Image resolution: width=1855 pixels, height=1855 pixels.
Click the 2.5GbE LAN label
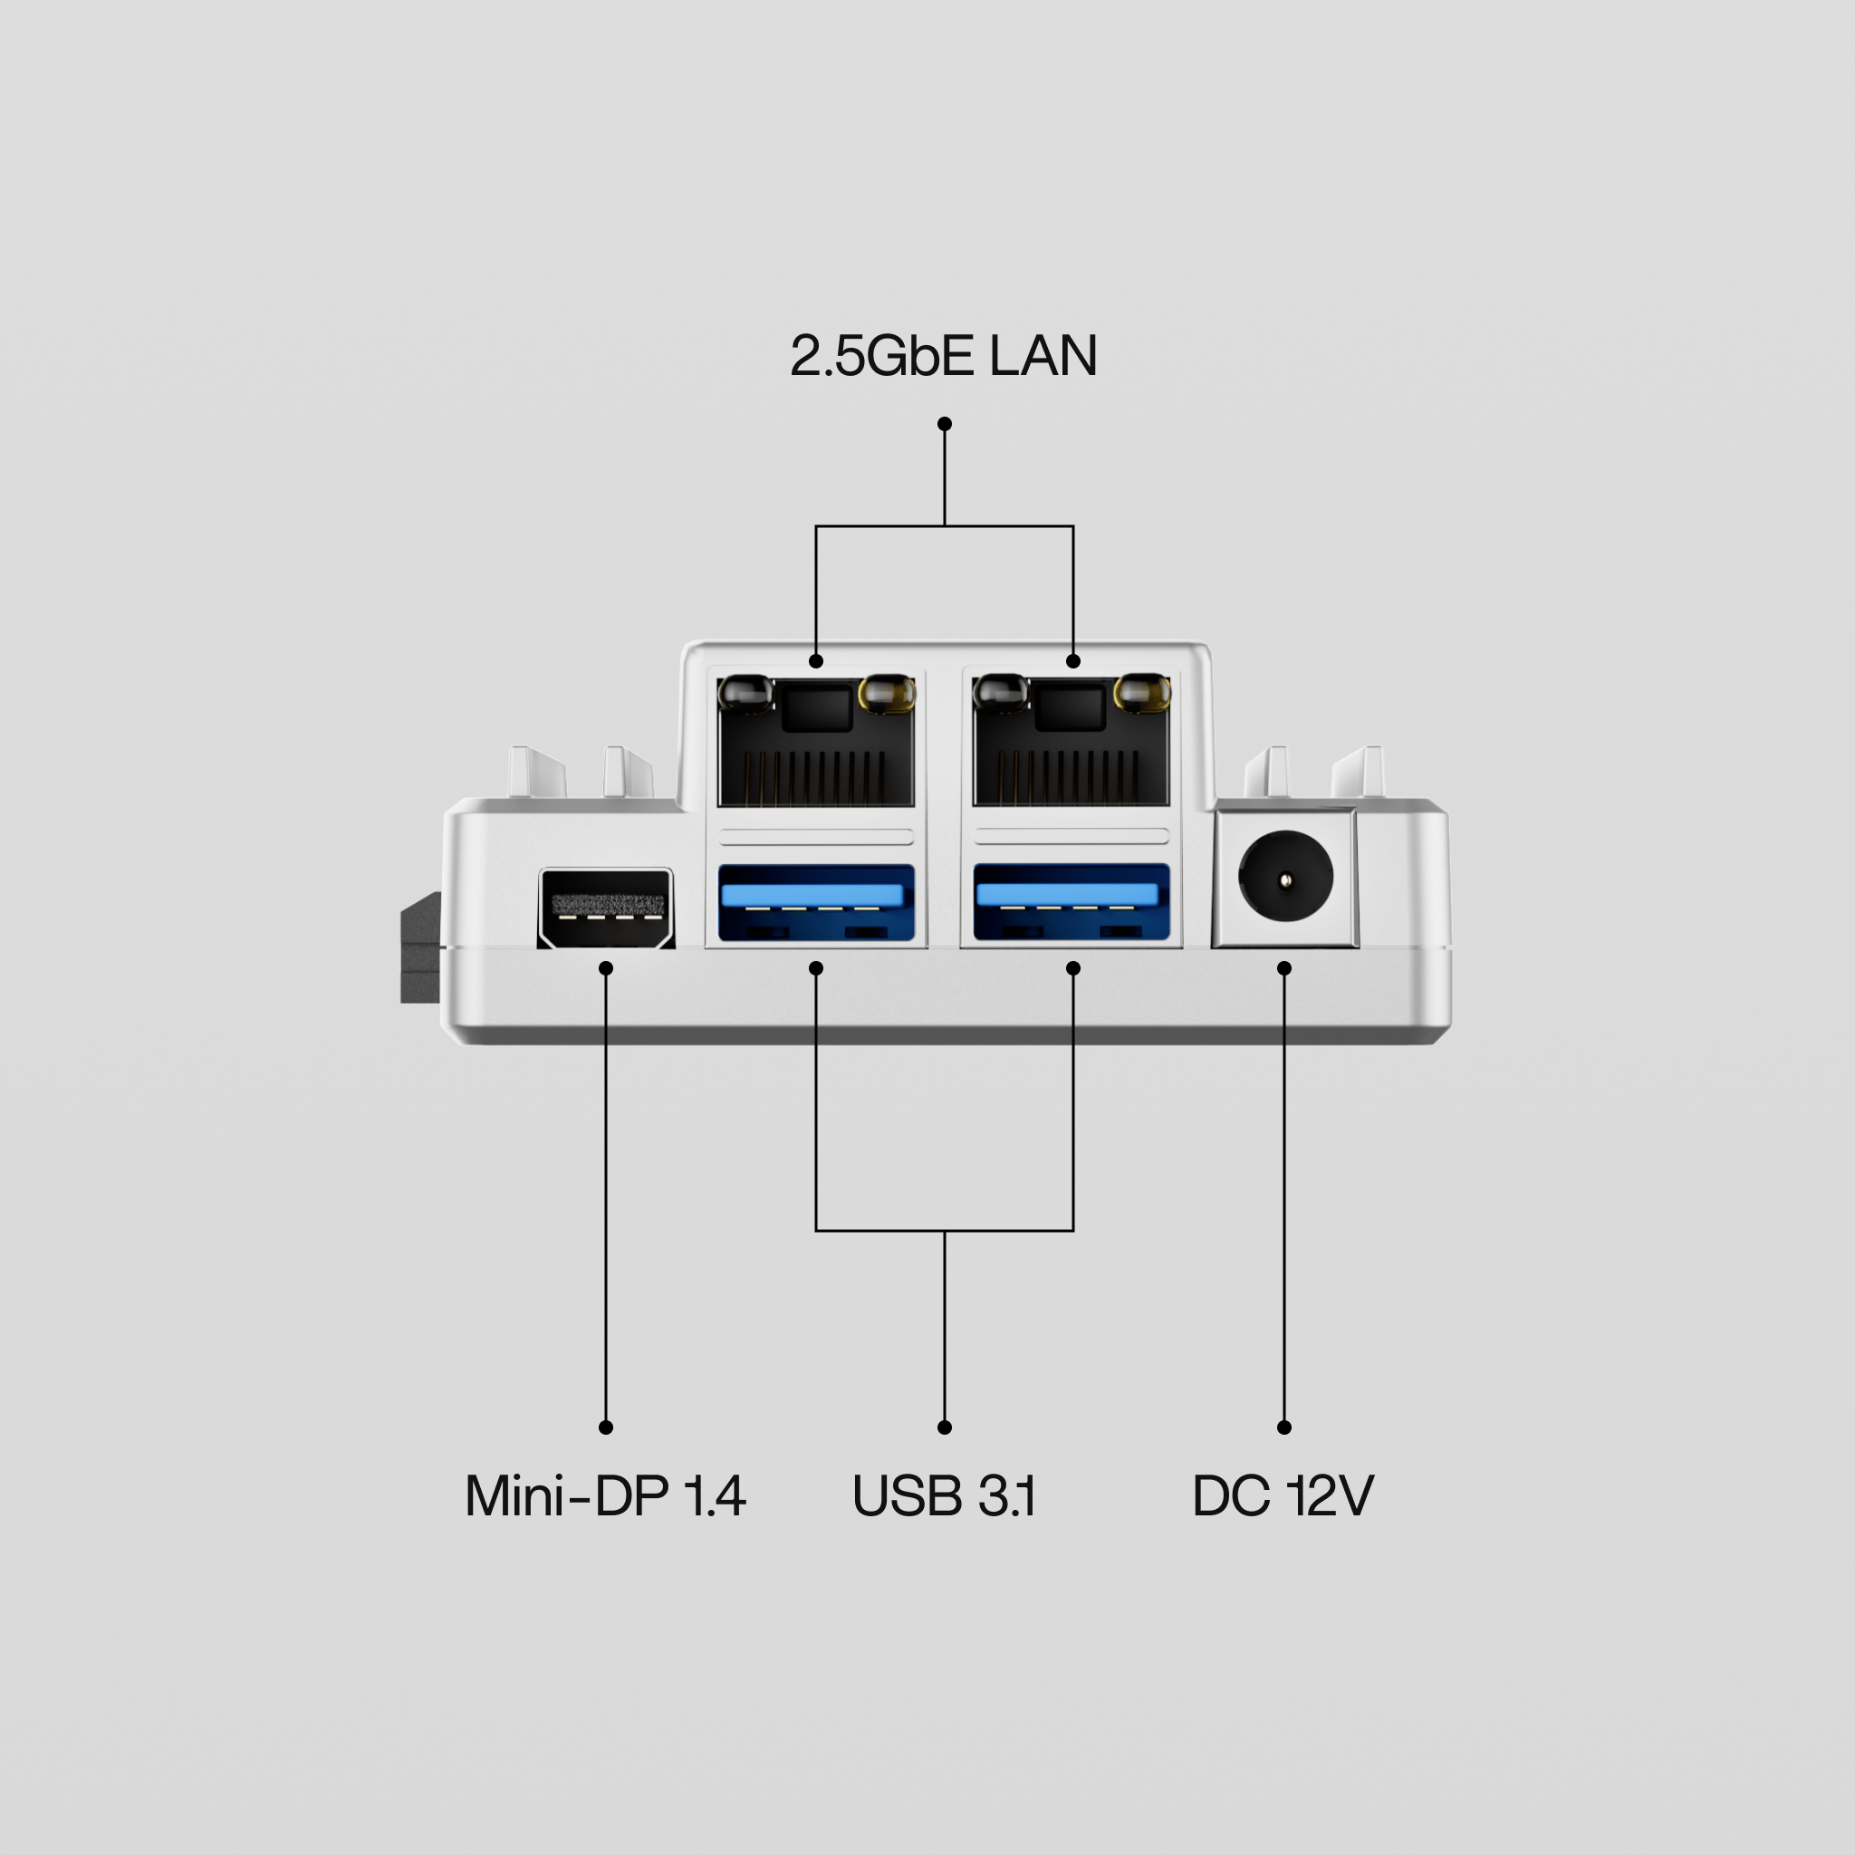[943, 356]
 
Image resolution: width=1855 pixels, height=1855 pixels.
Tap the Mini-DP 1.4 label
[605, 1496]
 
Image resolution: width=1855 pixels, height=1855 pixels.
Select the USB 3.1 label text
[944, 1496]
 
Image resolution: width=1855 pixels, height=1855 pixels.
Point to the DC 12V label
[1283, 1496]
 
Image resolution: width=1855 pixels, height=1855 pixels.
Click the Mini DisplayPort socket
[606, 908]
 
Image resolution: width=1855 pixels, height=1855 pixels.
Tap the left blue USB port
[816, 902]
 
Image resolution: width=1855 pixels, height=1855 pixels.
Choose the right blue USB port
[1072, 902]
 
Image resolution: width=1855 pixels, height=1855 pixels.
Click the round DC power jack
[1285, 878]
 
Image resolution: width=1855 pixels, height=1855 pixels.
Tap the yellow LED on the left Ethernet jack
[886, 692]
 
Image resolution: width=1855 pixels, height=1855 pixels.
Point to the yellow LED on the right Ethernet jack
[1141, 692]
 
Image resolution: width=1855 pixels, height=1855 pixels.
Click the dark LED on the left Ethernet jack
[745, 692]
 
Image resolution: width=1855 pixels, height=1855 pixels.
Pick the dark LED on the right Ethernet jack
[1001, 692]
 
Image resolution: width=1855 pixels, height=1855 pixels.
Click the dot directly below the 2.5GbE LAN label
[945, 423]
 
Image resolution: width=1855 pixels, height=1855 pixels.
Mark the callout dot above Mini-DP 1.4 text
[606, 1427]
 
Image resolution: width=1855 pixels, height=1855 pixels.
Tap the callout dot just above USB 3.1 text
[945, 1427]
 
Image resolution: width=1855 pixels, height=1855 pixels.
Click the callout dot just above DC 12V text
[1284, 1427]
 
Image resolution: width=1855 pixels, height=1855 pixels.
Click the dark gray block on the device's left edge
[420, 948]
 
